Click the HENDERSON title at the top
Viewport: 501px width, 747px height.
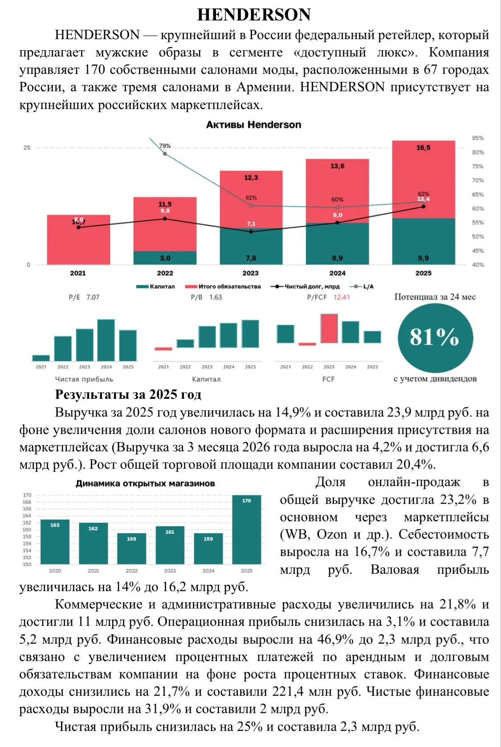[x=254, y=15]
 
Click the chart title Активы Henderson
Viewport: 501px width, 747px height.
[x=253, y=125]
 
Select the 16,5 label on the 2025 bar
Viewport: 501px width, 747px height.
[x=423, y=148]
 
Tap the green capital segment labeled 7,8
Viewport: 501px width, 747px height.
[x=251, y=247]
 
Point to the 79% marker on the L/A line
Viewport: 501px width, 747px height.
[x=165, y=154]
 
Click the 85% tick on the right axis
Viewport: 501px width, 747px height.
[x=478, y=138]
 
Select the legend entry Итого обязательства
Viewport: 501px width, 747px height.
[x=223, y=286]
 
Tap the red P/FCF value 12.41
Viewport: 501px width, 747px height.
[x=342, y=297]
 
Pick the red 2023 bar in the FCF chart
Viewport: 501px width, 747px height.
[x=329, y=329]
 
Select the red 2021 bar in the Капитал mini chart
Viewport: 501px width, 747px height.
[x=163, y=349]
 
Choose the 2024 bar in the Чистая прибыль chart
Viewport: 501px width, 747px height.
[x=106, y=340]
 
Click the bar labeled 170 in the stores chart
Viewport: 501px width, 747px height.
[x=247, y=530]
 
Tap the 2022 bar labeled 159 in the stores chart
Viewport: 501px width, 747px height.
[x=131, y=548]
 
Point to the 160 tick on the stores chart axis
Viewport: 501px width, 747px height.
[x=27, y=530]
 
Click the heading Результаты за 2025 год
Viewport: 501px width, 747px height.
[x=128, y=394]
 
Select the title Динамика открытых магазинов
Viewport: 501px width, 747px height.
[x=145, y=483]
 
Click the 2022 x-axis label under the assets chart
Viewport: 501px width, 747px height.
[x=165, y=273]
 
